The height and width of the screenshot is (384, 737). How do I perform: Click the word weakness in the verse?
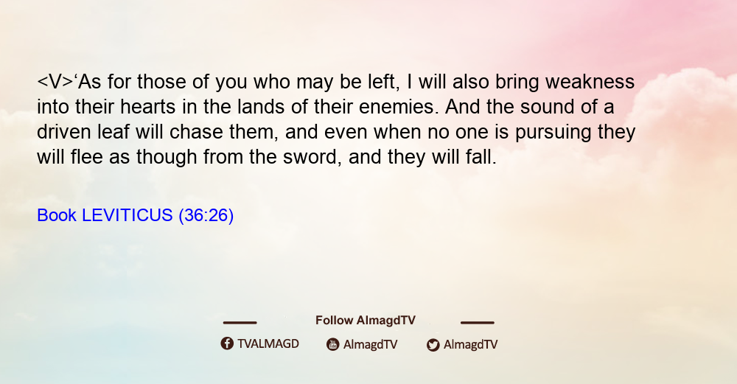coord(590,82)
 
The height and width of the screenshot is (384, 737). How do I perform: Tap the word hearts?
coord(147,107)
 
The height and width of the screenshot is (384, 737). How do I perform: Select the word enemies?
coord(399,107)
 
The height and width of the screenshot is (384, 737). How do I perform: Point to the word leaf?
coord(113,132)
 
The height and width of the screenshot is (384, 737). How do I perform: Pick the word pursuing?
coord(553,133)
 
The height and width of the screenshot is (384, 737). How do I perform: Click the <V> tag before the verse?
coord(55,82)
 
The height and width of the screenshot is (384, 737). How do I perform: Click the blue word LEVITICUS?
coord(128,215)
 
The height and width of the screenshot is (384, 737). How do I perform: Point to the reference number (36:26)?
coord(206,216)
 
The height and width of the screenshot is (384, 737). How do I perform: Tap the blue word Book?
coord(57,215)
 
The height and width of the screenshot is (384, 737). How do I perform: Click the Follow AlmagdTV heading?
coord(366,321)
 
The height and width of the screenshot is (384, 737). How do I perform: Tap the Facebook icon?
coord(227,343)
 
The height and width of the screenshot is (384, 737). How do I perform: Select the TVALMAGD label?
coord(268,344)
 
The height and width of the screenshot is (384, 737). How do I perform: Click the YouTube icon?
coord(333,344)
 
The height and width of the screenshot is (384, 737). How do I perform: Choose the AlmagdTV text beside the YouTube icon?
coord(371,345)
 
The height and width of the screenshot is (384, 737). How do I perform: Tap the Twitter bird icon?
coord(433,345)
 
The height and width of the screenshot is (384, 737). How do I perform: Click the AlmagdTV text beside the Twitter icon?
coord(470,345)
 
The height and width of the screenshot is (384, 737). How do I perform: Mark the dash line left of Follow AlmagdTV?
coord(240,323)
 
